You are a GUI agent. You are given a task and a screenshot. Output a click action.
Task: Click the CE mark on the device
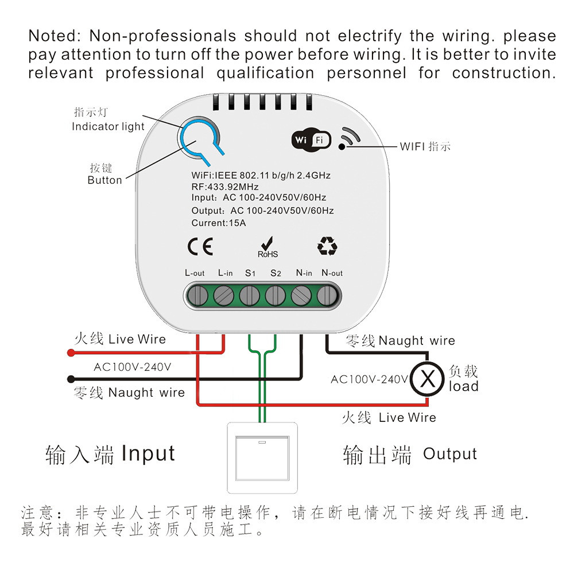pos(200,246)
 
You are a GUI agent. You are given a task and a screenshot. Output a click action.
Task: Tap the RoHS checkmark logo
pos(267,246)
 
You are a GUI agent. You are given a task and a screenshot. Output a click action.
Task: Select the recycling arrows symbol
pos(327,246)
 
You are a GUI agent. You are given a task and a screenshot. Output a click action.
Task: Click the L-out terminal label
pos(195,273)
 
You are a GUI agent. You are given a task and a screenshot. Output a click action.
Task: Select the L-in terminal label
pos(225,273)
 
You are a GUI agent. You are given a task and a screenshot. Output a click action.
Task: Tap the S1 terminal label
pos(250,273)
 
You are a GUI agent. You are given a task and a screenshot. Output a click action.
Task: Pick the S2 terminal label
pos(276,273)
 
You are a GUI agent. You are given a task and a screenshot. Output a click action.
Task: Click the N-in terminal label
pos(304,273)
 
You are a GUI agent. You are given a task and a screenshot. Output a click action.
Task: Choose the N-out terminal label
pos(332,273)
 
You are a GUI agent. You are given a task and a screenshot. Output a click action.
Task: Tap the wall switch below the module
pos(264,457)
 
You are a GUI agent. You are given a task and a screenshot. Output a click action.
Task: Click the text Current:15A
pos(219,223)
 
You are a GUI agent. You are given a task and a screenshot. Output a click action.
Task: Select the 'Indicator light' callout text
pos(108,126)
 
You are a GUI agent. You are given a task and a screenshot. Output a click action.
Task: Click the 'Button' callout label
pos(104,180)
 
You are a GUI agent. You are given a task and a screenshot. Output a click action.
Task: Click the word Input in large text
pos(148,453)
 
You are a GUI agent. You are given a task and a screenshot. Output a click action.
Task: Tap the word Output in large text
pos(450,454)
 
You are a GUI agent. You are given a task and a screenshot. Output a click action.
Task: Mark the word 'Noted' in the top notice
pos(52,36)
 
